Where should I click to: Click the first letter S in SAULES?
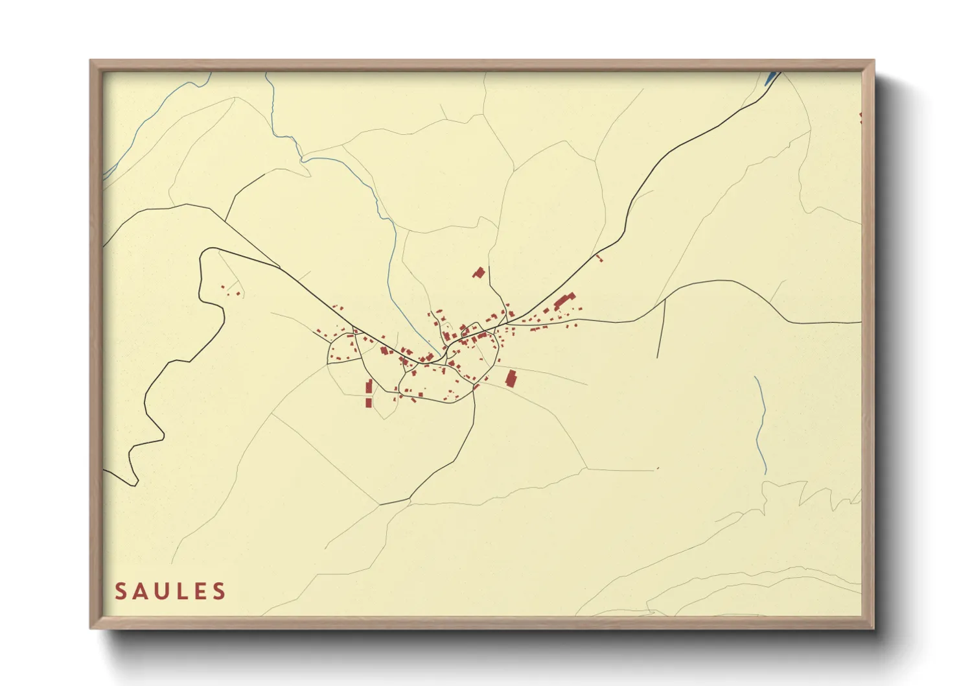point(121,591)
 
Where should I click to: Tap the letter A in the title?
point(141,591)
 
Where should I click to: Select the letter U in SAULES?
point(163,591)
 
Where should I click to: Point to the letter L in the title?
point(183,591)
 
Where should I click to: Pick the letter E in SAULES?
point(200,591)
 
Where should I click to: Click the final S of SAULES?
point(220,591)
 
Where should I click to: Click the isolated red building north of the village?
point(479,272)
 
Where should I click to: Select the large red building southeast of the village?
point(511,378)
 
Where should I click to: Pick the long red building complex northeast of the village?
point(564,301)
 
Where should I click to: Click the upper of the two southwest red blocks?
point(369,387)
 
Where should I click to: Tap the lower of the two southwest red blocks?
point(369,402)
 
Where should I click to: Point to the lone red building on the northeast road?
point(599,258)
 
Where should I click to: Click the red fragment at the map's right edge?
point(861,117)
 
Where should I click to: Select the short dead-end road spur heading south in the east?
point(661,331)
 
